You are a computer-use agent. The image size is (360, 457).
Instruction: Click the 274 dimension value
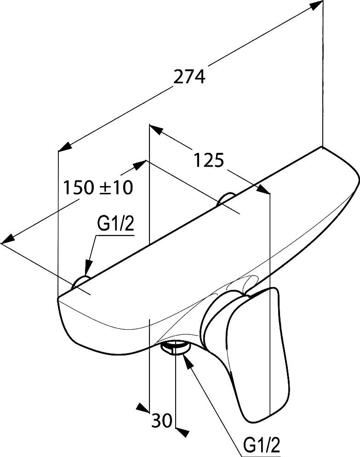189,77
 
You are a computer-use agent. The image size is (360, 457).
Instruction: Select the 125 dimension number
209,160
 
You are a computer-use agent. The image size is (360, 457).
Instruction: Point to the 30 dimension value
161,420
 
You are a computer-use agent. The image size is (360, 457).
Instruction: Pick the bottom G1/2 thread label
262,445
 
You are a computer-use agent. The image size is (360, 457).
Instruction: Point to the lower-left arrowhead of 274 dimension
65,147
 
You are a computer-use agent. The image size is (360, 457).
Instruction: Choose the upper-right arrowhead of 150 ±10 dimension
139,165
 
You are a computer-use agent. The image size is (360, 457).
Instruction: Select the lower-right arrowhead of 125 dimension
263,189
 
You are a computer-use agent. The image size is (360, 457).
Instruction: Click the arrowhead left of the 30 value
143,408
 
